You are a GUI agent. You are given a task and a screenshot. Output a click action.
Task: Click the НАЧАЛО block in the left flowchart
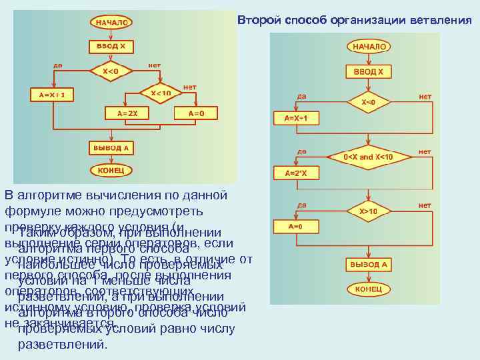[111, 23]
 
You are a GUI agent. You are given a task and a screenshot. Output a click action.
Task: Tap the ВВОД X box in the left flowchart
[111, 47]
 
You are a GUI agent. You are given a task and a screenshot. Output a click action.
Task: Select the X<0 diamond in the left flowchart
[111, 71]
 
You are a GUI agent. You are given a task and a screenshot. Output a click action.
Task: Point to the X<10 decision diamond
[161, 93]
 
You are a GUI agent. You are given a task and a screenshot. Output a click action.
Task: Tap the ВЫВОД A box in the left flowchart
[111, 147]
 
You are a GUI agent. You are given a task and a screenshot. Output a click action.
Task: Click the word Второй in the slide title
[261, 20]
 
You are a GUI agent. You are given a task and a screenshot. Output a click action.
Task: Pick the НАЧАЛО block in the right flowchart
[368, 47]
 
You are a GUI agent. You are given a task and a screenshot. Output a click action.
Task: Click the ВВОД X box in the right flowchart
[368, 71]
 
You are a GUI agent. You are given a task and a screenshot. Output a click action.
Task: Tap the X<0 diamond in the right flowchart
[368, 103]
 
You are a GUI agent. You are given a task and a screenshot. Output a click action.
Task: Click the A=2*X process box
[295, 173]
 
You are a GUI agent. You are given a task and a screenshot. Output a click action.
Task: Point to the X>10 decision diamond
[368, 211]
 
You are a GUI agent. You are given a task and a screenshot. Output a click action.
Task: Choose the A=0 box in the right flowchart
[295, 227]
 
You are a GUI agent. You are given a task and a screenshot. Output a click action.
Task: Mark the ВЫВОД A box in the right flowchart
[368, 265]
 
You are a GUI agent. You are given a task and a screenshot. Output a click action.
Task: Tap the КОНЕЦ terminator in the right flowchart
[368, 290]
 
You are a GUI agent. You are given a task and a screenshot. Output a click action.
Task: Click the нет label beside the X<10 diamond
[189, 87]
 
